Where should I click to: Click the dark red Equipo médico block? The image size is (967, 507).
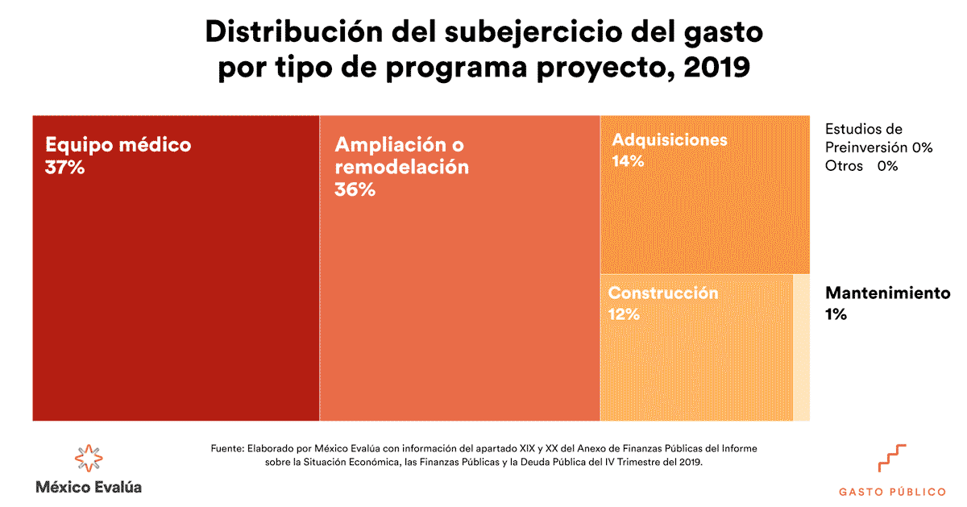pyautogui.click(x=176, y=290)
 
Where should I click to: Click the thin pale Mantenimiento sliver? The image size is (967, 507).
pyautogui.click(x=802, y=347)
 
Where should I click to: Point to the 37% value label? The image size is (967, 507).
pyautogui.click(x=65, y=168)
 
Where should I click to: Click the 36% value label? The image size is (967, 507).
pyautogui.click(x=355, y=190)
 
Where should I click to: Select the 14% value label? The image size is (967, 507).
pyautogui.click(x=628, y=161)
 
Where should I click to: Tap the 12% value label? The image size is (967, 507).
pyautogui.click(x=624, y=314)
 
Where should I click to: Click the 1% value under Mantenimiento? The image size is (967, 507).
pyautogui.click(x=836, y=314)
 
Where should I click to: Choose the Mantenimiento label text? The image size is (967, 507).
pyautogui.click(x=887, y=293)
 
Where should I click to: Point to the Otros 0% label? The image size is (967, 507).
pyautogui.click(x=861, y=166)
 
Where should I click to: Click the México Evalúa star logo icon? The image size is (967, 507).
pyautogui.click(x=89, y=457)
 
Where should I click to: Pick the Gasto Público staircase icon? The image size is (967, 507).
pyautogui.click(x=892, y=458)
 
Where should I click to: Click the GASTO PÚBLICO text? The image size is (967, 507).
pyautogui.click(x=892, y=491)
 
